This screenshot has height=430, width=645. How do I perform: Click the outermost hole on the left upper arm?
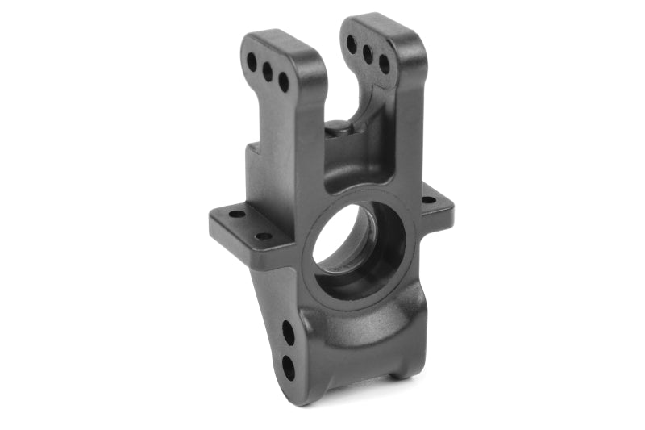252,61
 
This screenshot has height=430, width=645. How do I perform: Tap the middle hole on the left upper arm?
268,71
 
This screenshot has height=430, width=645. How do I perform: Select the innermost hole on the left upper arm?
284,81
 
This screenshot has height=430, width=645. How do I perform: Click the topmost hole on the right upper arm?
352,44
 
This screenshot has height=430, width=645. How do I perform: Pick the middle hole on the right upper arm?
368,53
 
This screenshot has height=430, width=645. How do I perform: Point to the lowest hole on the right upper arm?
384,64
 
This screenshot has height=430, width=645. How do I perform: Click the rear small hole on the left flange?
237,214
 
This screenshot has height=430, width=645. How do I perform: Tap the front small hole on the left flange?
264,236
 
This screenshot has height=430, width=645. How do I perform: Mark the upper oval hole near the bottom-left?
288,332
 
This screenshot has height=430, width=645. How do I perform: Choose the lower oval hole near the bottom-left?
289,367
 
